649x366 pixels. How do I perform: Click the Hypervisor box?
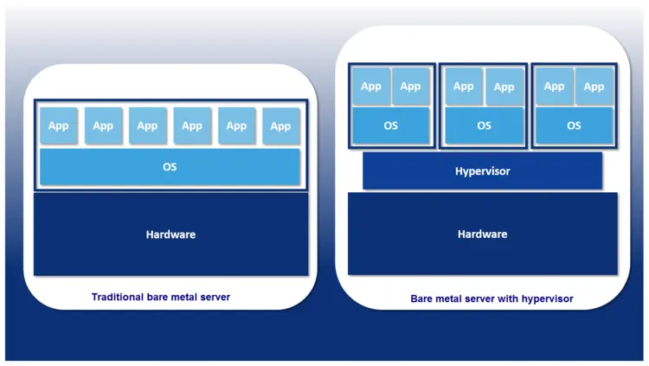click(482, 171)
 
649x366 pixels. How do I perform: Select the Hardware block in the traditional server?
click(170, 234)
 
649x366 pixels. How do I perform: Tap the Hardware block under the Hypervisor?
click(482, 234)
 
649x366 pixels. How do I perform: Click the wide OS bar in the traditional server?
click(170, 166)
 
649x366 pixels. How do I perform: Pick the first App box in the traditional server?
click(59, 126)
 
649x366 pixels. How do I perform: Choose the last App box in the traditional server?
click(280, 126)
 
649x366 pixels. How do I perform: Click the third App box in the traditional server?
click(148, 126)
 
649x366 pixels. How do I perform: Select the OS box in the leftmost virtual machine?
click(390, 125)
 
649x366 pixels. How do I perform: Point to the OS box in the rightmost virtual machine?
click(574, 125)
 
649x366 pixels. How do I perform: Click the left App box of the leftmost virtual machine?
click(370, 87)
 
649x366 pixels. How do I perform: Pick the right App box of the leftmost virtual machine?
click(410, 87)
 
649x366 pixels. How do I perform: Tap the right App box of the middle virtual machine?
click(504, 87)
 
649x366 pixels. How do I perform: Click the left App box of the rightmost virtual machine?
click(554, 87)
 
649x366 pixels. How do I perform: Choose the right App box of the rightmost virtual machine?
click(594, 87)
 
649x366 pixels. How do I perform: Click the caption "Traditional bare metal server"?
click(161, 297)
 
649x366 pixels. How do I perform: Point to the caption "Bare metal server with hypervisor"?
click(492, 299)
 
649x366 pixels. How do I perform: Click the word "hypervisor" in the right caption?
click(546, 299)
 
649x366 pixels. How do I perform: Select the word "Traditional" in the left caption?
click(119, 297)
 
